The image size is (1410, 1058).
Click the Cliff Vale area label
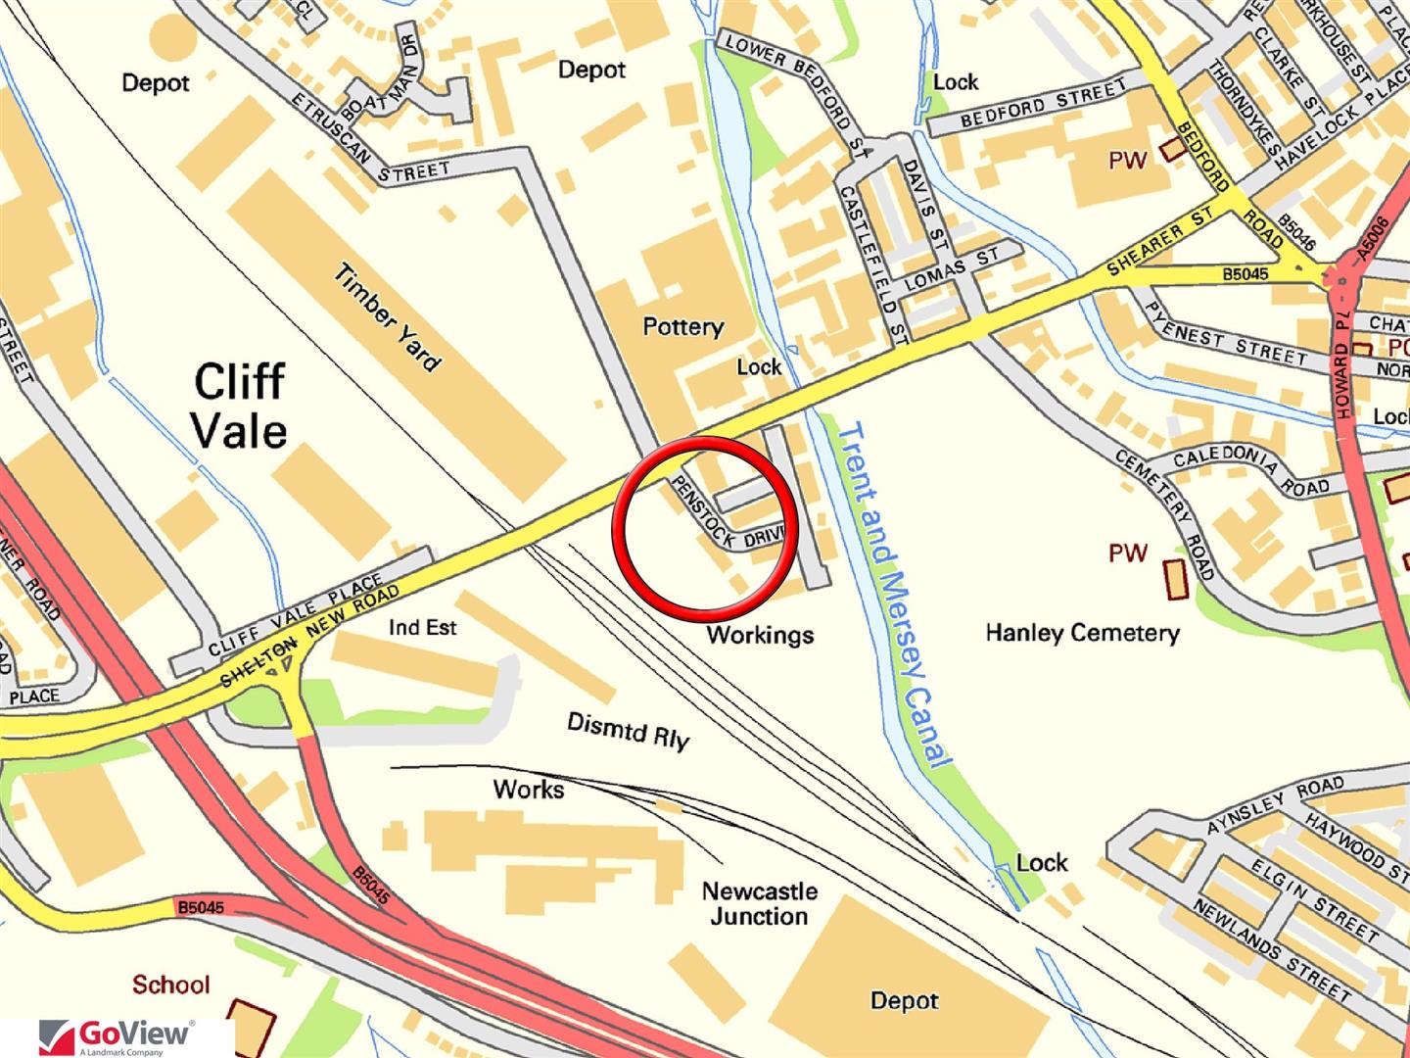click(x=240, y=405)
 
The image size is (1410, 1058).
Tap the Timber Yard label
click(x=387, y=317)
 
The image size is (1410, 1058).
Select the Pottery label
click(x=682, y=326)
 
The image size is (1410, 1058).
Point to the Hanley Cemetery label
click(x=1082, y=633)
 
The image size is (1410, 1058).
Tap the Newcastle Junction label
click(x=759, y=903)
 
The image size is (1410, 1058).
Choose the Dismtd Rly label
click(x=628, y=731)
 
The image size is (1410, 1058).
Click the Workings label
click(x=760, y=635)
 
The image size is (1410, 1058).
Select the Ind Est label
click(x=422, y=627)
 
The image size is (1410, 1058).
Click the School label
click(x=171, y=984)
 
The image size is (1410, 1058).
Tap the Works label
click(x=529, y=789)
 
